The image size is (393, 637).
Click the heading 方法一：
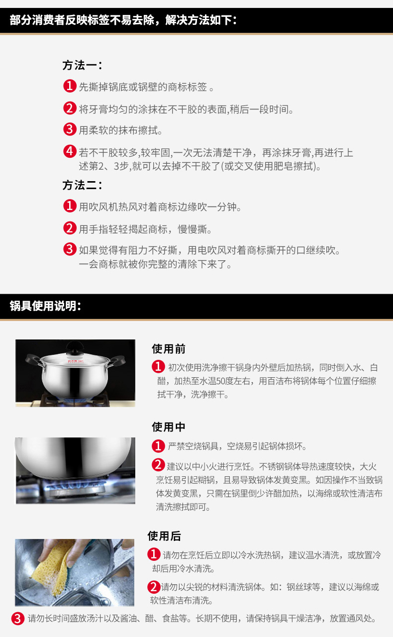click(x=82, y=65)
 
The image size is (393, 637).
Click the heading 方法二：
click(x=82, y=185)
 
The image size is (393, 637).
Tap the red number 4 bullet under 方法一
click(x=70, y=151)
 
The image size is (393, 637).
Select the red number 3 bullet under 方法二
click(x=70, y=249)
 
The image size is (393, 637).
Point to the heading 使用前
click(x=168, y=349)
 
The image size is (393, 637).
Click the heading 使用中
click(x=168, y=427)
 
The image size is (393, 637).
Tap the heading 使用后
click(x=164, y=536)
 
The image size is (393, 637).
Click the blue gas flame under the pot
click(x=75, y=486)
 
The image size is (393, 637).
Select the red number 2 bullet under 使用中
click(x=158, y=466)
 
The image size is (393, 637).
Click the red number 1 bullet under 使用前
click(x=158, y=367)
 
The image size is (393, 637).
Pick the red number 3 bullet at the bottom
click(x=18, y=619)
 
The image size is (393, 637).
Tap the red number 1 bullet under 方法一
click(x=70, y=87)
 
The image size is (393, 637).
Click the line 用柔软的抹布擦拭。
click(x=121, y=130)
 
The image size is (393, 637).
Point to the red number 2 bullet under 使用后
click(x=154, y=587)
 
